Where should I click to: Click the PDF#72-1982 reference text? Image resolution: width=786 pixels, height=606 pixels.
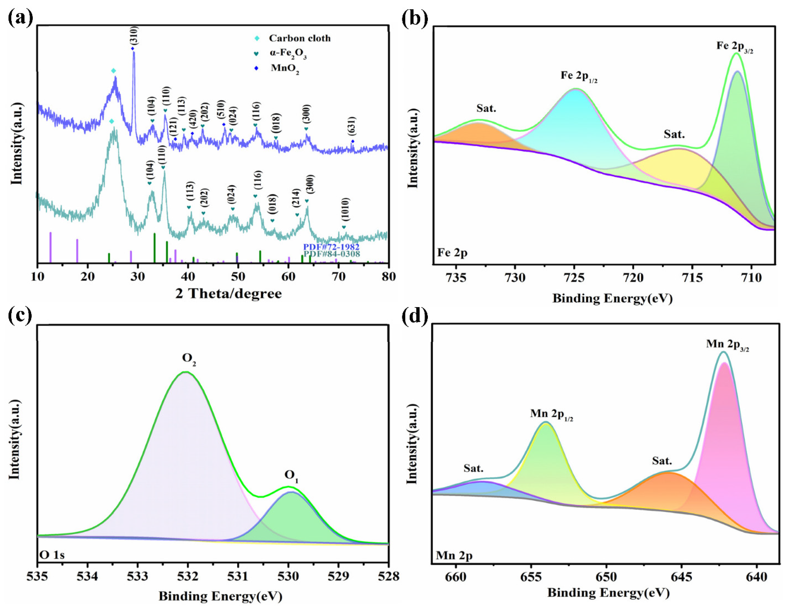click(x=331, y=247)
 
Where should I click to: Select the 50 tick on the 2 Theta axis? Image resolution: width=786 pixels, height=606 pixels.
click(x=238, y=277)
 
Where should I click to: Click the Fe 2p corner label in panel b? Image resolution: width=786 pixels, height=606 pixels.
click(x=452, y=253)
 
